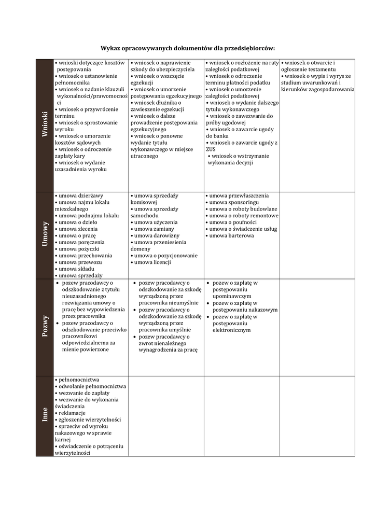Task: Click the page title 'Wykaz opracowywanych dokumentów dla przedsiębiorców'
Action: (x=188, y=47)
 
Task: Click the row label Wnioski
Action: (x=45, y=124)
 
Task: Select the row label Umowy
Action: (x=45, y=234)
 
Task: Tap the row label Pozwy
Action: (x=45, y=326)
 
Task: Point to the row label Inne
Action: (x=45, y=415)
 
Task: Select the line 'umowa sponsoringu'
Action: (x=233, y=202)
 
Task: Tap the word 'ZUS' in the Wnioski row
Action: (x=211, y=149)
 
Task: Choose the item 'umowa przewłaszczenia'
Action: (x=239, y=195)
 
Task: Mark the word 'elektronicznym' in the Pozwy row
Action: (x=231, y=329)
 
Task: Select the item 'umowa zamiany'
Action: (x=154, y=229)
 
